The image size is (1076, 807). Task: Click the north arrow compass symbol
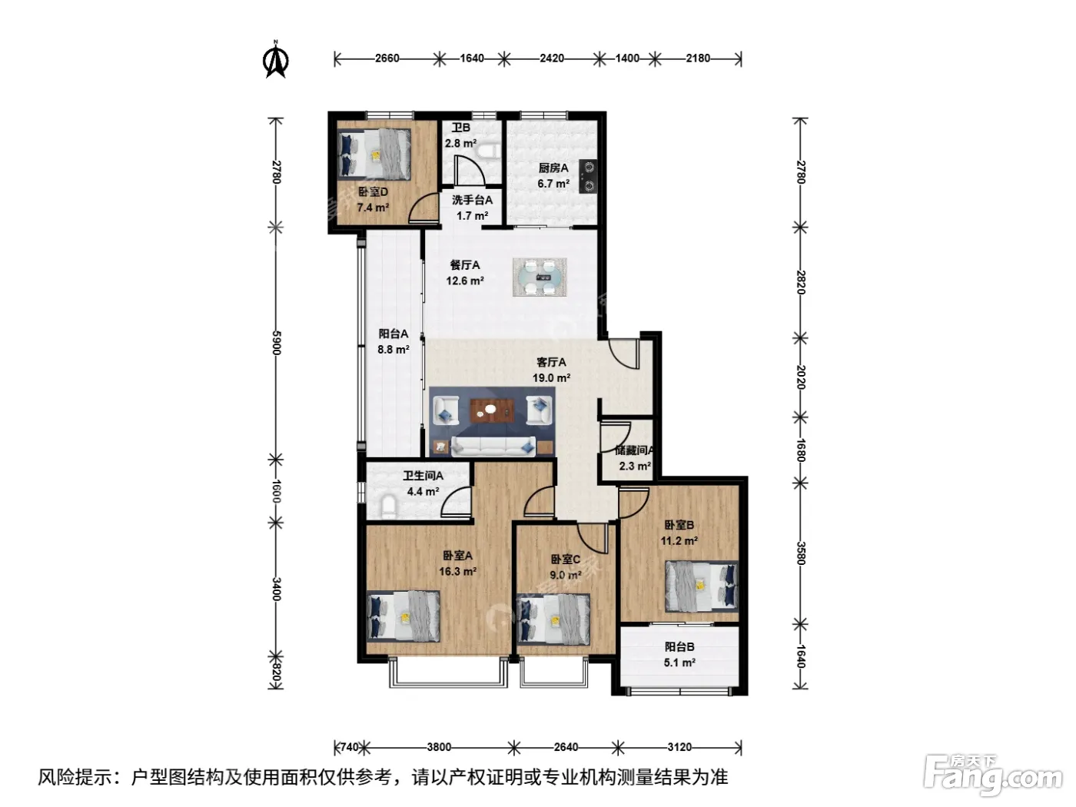coord(275,59)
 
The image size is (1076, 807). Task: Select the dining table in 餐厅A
coord(540,277)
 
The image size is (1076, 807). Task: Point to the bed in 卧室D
coord(375,153)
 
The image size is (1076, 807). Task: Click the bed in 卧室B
coord(701,586)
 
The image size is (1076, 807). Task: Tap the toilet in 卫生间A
coord(388,506)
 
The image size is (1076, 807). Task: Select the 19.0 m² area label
coord(552,378)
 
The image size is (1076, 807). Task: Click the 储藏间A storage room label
coord(634,450)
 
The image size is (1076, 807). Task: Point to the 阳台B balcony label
coord(679,647)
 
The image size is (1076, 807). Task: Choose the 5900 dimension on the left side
coord(277,343)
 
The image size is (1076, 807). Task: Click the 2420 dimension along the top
coord(552,58)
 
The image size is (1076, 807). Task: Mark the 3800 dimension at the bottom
coord(439,747)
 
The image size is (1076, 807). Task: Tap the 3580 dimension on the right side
coord(800,553)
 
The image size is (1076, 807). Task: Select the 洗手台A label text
coord(472,200)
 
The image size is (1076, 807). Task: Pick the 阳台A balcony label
coord(394,334)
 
